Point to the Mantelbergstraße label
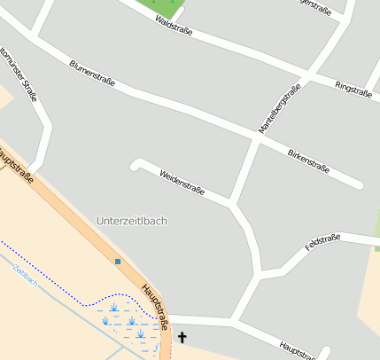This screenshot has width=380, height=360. click(279, 108)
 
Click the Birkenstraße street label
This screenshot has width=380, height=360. click(309, 160)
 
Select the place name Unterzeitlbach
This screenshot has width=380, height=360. click(131, 220)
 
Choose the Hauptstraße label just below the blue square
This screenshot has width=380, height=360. click(155, 306)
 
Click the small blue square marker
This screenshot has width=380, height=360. click(118, 262)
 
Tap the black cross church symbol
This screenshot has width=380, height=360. click(183, 337)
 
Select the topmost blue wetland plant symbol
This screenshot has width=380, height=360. click(113, 308)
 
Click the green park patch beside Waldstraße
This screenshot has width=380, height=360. click(174, 8)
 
